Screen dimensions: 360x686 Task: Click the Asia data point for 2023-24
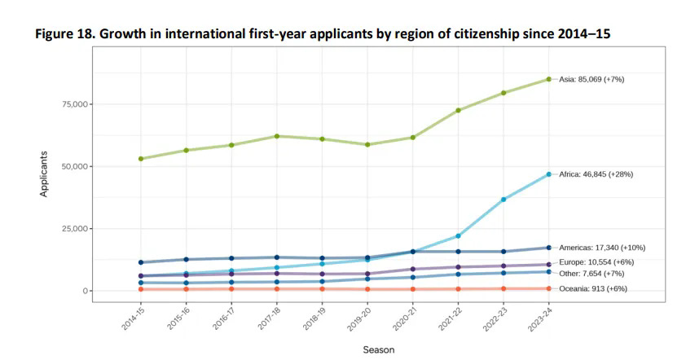click(x=549, y=79)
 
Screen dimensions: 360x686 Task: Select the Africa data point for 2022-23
click(x=504, y=200)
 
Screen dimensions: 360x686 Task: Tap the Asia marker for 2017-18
click(x=277, y=136)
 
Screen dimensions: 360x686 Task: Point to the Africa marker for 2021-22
click(x=459, y=236)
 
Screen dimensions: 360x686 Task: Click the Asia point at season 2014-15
click(x=141, y=159)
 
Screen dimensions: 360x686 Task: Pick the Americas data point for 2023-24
click(x=549, y=248)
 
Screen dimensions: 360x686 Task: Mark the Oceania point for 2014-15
click(x=141, y=289)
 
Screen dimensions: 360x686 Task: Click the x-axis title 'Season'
click(x=378, y=349)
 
